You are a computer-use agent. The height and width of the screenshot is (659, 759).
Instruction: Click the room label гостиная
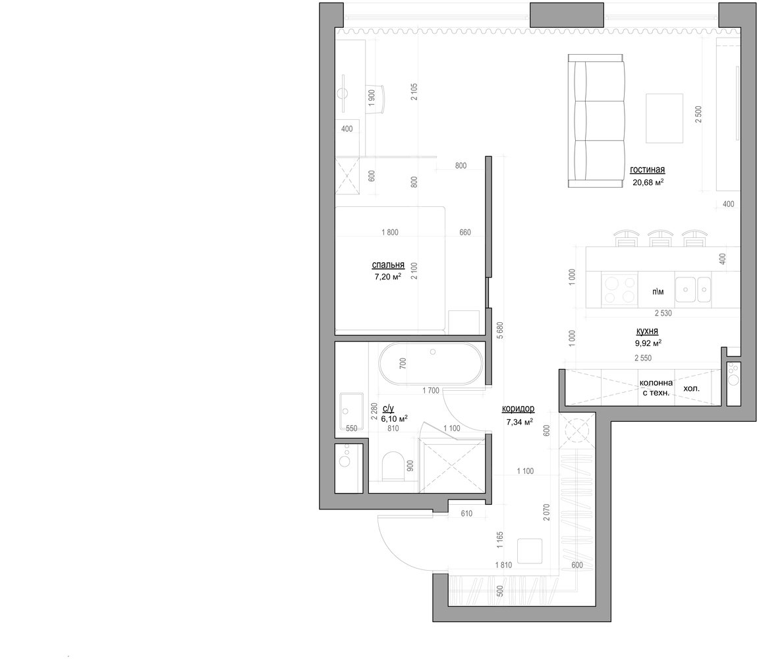(x=647, y=169)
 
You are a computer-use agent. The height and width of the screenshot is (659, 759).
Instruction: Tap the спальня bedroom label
(x=387, y=265)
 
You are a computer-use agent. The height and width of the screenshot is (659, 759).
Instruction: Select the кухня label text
(x=647, y=331)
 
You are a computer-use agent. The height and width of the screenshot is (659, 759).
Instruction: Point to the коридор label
(x=518, y=409)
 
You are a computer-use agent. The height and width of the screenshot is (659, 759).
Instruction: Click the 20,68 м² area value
(x=648, y=182)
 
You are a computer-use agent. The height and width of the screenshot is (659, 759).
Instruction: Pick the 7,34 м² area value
(x=519, y=422)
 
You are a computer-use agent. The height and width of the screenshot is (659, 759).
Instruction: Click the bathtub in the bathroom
(x=430, y=364)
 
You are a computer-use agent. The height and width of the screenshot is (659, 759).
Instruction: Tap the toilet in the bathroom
(x=393, y=466)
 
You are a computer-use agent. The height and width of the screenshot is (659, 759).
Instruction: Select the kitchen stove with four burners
(x=619, y=289)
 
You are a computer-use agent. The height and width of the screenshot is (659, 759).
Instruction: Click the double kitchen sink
(x=693, y=289)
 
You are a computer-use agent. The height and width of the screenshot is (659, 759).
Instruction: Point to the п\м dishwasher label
(x=658, y=291)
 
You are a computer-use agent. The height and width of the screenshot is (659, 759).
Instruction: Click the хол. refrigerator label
(x=691, y=388)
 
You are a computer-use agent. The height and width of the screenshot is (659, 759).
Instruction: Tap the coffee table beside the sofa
(x=664, y=118)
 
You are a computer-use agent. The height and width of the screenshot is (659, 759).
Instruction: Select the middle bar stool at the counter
(x=660, y=238)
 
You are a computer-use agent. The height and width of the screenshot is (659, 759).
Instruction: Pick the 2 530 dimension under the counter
(x=663, y=313)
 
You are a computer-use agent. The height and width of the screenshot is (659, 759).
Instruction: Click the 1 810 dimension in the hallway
(x=503, y=565)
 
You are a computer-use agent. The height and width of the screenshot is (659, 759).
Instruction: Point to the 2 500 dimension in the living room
(x=698, y=114)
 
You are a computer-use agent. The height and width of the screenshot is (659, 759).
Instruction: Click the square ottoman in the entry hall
(x=530, y=551)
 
